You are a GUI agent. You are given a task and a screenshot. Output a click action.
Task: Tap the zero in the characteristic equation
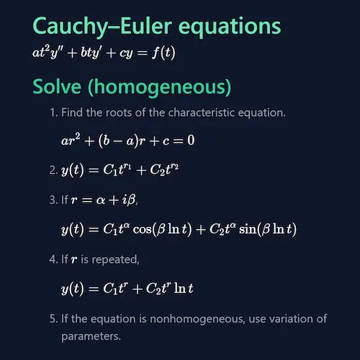[x=190, y=140]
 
